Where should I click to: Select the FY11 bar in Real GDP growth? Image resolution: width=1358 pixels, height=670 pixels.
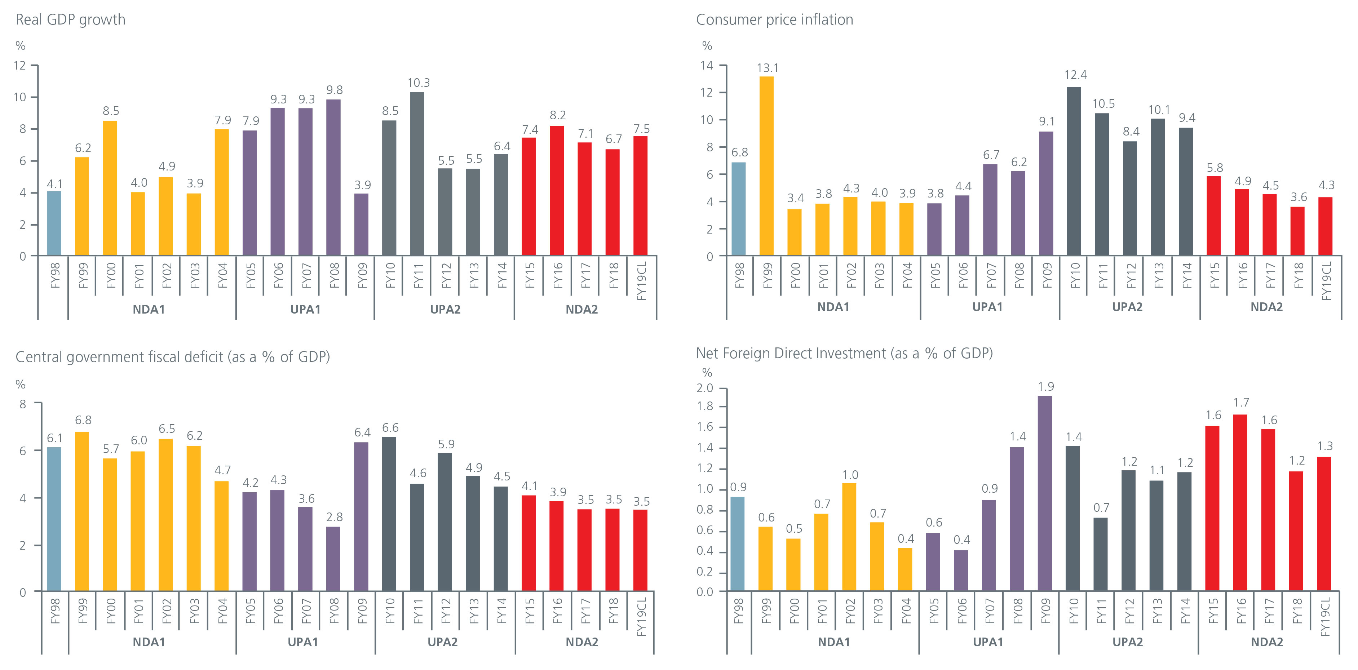pos(417,174)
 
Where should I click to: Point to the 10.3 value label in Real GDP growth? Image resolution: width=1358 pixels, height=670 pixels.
pos(419,83)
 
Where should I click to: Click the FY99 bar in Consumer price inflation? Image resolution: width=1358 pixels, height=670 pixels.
pos(766,166)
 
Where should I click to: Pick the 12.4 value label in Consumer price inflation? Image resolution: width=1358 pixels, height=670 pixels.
pos(1075,75)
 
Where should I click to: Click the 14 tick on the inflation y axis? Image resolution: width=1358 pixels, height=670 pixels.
pos(707,65)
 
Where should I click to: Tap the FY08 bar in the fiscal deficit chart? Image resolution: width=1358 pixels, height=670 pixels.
pos(333,558)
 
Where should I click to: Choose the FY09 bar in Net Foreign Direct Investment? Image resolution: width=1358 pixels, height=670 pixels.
pos(1045,493)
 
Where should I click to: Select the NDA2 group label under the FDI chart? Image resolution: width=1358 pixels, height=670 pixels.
pos(1267,642)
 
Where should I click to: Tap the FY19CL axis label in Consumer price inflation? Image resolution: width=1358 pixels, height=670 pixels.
pos(1326,281)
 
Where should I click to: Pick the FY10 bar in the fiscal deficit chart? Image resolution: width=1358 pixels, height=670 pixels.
pos(389,514)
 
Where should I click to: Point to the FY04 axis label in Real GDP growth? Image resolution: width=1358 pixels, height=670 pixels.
pos(222,275)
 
